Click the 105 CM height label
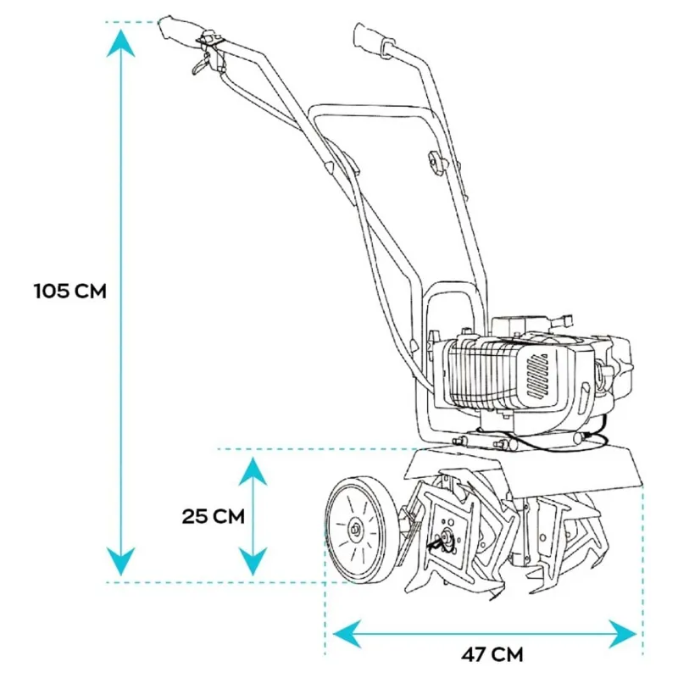point(70,291)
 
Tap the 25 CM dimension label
point(214,516)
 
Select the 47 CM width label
point(492,654)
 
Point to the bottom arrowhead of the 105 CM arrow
point(120,561)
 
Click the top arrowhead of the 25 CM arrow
point(253,472)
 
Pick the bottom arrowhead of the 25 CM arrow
point(253,561)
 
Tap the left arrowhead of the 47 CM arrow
point(347,634)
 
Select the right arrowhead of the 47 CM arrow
point(622,634)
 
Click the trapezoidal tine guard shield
point(523,472)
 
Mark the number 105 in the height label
point(52,291)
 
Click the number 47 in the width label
point(475,654)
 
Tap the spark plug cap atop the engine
point(564,320)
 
